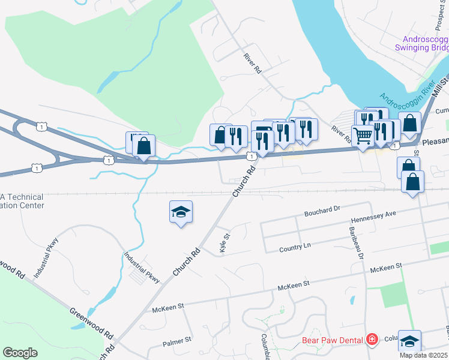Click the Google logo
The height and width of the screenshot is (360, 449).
coord(20,353)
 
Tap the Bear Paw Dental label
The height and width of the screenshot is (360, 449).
coord(332,340)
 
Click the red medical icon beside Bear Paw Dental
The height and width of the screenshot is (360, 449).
coord(372,340)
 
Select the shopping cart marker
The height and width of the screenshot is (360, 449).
coord(363,137)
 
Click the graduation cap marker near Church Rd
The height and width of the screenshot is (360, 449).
coord(181,212)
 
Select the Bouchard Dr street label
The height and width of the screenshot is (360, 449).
coord(322,211)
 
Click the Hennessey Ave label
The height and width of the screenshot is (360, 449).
coord(374,214)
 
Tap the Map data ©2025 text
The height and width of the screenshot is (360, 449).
coord(424,355)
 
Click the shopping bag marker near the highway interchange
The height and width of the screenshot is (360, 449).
coord(143,146)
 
